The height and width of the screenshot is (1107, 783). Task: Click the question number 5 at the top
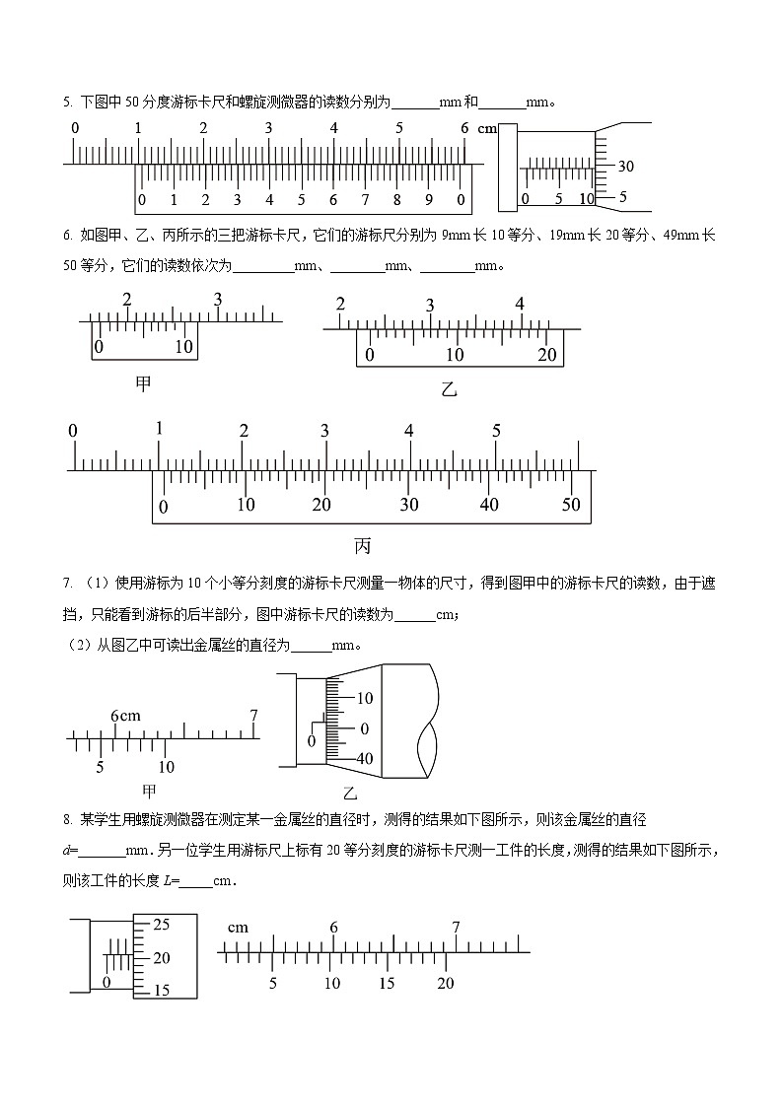[66, 102]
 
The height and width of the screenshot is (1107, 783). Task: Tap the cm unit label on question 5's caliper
[487, 129]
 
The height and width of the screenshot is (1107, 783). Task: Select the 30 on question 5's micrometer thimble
[625, 167]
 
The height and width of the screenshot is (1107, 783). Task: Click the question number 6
[66, 235]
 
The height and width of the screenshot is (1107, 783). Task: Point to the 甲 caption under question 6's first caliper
[143, 383]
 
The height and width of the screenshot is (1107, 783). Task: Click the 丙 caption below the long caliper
[362, 545]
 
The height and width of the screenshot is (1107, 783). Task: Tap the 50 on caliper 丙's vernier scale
[571, 505]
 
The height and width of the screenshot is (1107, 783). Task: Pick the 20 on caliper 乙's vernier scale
[547, 355]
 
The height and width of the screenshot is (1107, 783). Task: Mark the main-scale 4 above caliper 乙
[520, 305]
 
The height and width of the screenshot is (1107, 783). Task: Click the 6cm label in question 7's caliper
[125, 716]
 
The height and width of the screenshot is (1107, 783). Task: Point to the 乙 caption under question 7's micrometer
[349, 793]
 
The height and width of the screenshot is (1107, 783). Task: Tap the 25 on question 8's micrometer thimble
[162, 925]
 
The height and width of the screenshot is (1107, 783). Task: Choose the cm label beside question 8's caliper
[237, 927]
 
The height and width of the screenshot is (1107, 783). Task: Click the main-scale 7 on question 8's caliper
[456, 928]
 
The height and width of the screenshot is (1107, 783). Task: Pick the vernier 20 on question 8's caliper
[446, 983]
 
